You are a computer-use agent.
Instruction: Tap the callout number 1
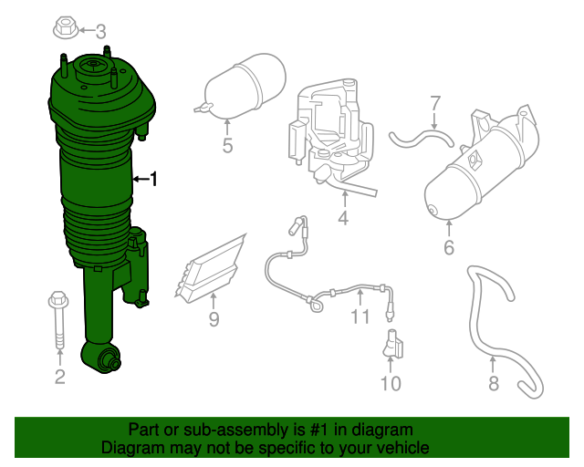pos(153,180)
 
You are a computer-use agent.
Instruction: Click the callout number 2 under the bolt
pos(59,377)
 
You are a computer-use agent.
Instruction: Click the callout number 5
pos(227,145)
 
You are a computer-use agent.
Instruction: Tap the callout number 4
pos(343,219)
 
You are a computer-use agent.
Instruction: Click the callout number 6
pos(449,248)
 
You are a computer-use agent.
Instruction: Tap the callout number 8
pos(494,383)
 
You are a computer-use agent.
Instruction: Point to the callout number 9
pos(214,319)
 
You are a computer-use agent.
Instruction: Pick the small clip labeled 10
pos(392,346)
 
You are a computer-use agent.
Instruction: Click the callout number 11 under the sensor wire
pos(360,317)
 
